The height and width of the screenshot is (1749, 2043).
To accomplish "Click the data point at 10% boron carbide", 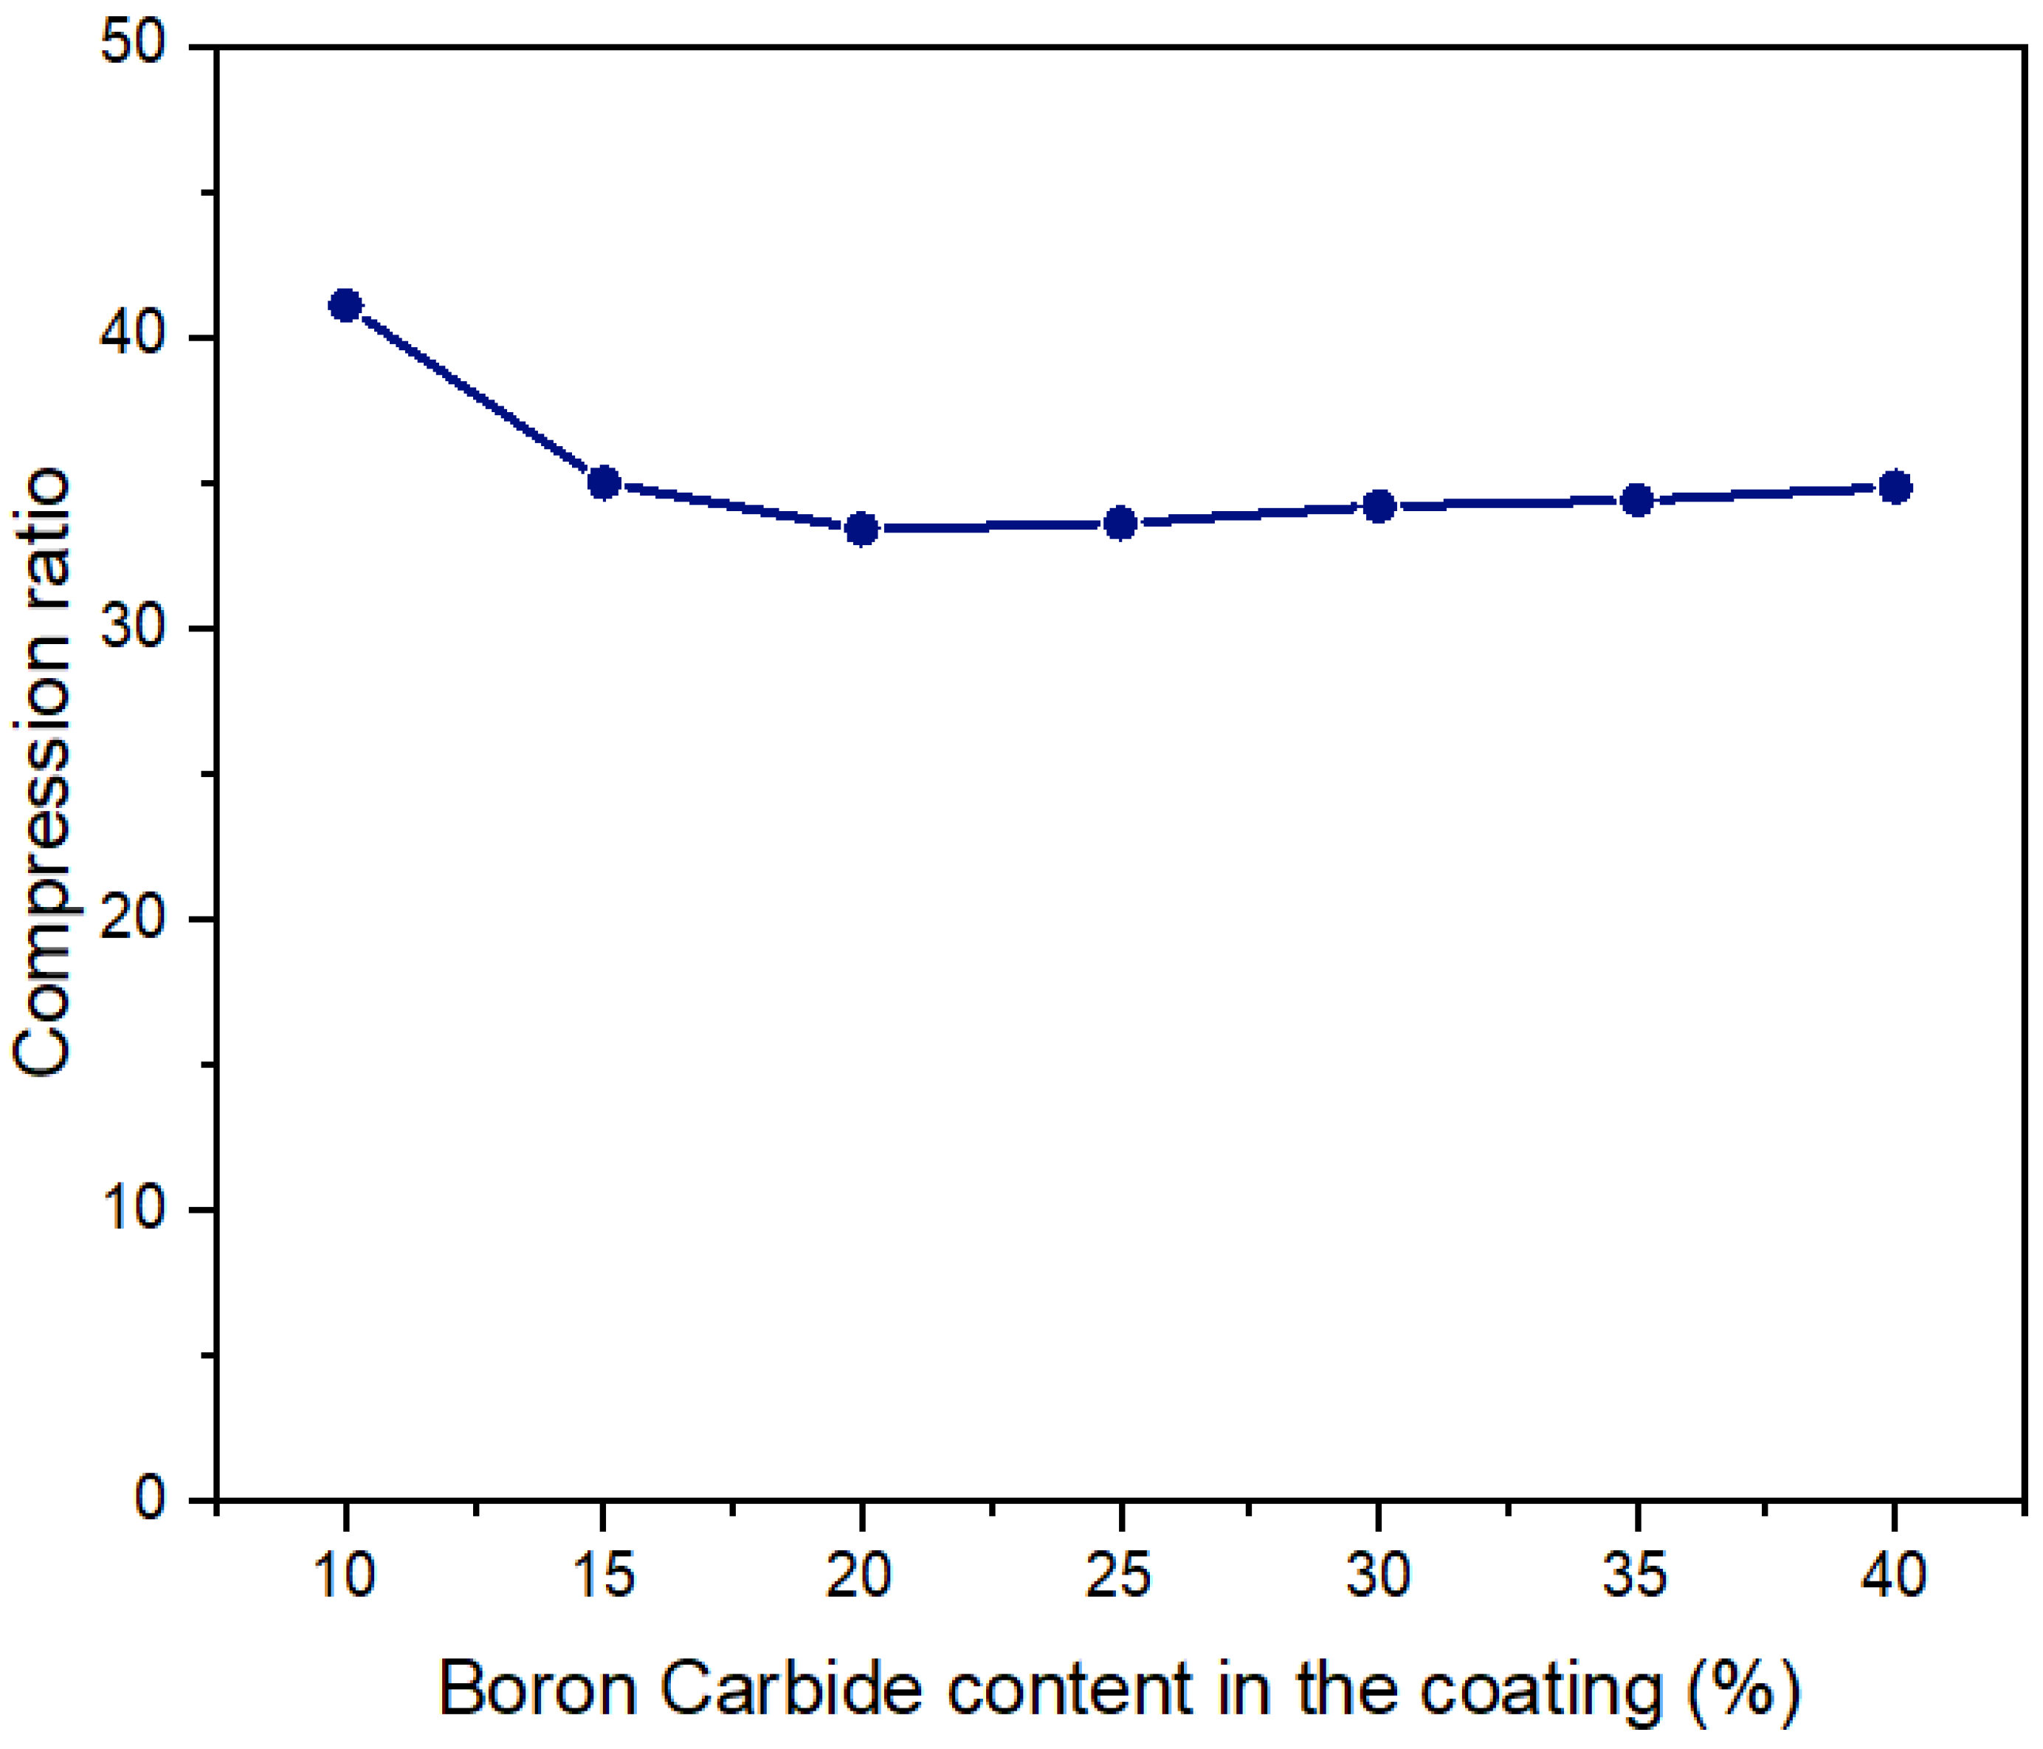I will pos(345,305).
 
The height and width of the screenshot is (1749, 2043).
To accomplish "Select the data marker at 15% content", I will pos(604,482).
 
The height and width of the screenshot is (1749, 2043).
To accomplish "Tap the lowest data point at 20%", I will pos(862,529).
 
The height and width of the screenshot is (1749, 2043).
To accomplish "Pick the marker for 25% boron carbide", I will pos(1120,523).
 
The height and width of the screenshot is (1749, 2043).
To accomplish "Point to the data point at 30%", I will pos(1379,506).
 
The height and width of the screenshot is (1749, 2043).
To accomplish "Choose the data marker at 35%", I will pos(1637,500).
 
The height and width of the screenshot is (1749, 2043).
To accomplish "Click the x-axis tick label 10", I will pos(345,1575).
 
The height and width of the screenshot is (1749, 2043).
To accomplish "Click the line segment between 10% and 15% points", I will pos(475,394).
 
